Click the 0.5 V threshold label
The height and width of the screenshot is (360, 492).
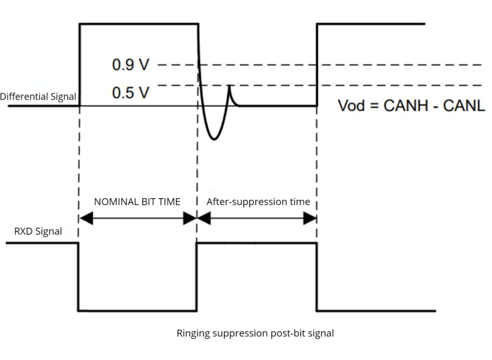pyautogui.click(x=131, y=92)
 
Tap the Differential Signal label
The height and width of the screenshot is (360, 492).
pyautogui.click(x=38, y=96)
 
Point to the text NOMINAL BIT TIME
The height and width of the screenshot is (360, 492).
pyautogui.click(x=137, y=202)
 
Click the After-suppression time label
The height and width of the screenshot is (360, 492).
pyautogui.click(x=258, y=202)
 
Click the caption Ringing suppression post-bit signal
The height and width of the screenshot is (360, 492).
pyautogui.click(x=255, y=333)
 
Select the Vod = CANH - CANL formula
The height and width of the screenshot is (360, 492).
pyautogui.click(x=411, y=106)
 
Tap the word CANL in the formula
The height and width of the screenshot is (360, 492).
pyautogui.click(x=464, y=106)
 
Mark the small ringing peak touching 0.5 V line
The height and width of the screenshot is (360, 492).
pyautogui.click(x=230, y=86)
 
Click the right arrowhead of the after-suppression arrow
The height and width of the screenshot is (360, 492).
pyautogui.click(x=310, y=219)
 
